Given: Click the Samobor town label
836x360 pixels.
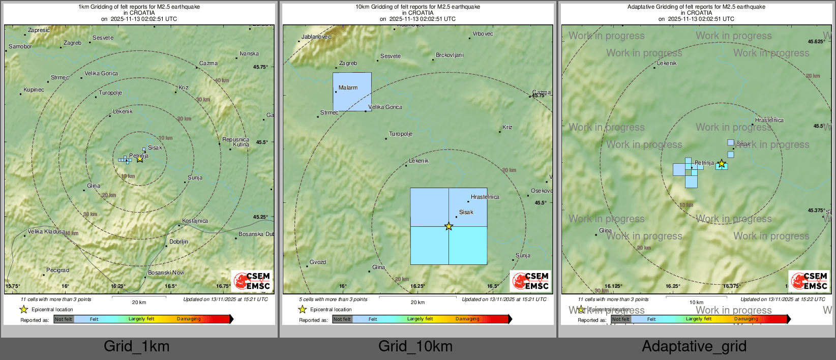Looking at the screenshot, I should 20,46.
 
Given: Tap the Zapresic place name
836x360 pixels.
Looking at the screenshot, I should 39,30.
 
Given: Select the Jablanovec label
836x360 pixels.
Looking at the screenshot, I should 316,37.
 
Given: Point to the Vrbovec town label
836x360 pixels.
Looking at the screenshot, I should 483,34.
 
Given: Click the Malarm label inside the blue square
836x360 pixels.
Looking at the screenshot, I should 348,87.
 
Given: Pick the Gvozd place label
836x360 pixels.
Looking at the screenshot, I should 318,262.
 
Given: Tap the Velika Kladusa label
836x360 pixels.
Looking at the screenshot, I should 46,231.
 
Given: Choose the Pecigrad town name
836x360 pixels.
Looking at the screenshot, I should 57,270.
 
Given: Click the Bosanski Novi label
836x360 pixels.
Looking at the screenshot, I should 166,273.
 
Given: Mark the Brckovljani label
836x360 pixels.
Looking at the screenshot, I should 450,55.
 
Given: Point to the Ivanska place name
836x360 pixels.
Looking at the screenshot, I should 249,53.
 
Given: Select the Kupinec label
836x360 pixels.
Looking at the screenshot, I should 34,89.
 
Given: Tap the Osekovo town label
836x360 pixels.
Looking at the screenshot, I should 541,191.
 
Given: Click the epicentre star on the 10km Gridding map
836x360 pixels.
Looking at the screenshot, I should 449,226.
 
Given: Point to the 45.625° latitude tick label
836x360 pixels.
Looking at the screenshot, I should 816,42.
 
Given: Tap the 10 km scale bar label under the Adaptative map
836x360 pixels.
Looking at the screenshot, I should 696,303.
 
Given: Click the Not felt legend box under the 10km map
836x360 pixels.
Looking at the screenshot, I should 342,319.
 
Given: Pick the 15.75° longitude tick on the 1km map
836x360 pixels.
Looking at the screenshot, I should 13,286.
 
